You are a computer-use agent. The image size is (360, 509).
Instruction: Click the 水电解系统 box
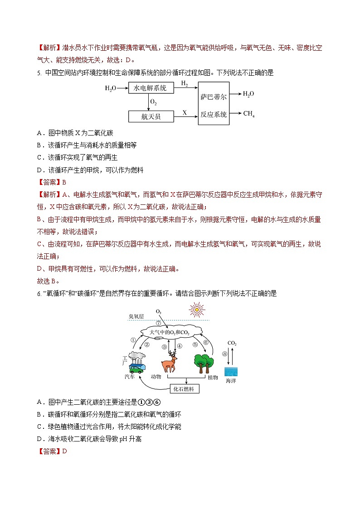pos(151,88)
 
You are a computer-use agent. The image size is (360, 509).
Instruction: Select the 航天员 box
pos(151,116)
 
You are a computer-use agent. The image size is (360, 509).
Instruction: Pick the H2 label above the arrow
pos(185,83)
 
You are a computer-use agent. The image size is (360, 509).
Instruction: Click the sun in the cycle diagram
pos(197,310)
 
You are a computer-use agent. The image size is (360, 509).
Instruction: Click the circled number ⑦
pos(158,323)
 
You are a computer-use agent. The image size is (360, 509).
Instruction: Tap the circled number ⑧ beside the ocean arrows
pos(224,354)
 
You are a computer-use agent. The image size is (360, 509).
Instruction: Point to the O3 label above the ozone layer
pos(158,312)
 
